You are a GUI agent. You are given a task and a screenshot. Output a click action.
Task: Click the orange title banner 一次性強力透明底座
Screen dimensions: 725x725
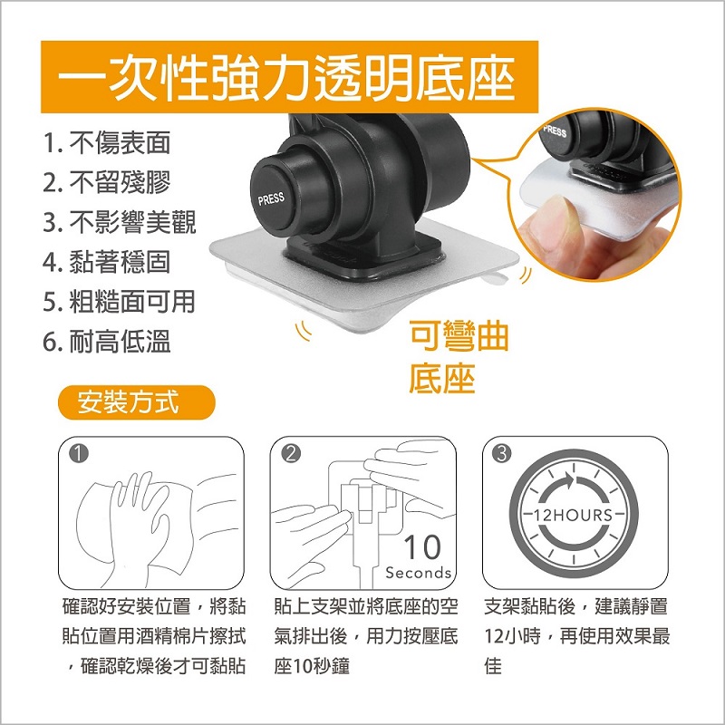pyautogui.click(x=289, y=77)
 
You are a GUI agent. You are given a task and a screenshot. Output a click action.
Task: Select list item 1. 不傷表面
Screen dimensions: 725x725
pyautogui.click(x=107, y=142)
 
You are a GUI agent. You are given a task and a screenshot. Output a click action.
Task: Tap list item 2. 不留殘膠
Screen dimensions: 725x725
pyautogui.click(x=107, y=182)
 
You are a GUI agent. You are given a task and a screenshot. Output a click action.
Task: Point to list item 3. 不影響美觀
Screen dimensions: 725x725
pyautogui.click(x=120, y=222)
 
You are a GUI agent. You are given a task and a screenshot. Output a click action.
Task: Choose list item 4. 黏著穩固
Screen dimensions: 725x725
pyautogui.click(x=107, y=262)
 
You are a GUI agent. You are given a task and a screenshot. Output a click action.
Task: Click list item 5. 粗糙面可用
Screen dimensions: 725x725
pyautogui.click(x=120, y=302)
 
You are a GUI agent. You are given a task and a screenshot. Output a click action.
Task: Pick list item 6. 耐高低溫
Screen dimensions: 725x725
pyautogui.click(x=107, y=342)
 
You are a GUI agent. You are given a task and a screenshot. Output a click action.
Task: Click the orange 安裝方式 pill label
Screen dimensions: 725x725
pyautogui.click(x=137, y=402)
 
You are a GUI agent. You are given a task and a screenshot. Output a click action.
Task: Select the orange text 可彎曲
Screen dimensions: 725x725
pyautogui.click(x=459, y=336)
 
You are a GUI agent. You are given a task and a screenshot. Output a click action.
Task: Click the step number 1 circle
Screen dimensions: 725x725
pyautogui.click(x=79, y=454)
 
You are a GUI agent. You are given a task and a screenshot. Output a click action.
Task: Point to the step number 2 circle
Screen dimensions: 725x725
pyautogui.click(x=290, y=454)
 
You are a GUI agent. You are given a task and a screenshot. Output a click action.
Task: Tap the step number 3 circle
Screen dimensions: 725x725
pyautogui.click(x=502, y=454)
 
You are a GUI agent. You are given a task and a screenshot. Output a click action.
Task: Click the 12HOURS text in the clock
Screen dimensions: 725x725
pyautogui.click(x=574, y=515)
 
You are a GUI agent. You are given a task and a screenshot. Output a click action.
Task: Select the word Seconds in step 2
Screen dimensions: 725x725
pyautogui.click(x=419, y=573)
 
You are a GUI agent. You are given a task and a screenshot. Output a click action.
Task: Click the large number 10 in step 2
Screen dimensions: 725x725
pyautogui.click(x=422, y=547)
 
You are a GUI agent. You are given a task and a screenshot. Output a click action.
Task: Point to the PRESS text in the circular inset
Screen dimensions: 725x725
pyautogui.click(x=555, y=130)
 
